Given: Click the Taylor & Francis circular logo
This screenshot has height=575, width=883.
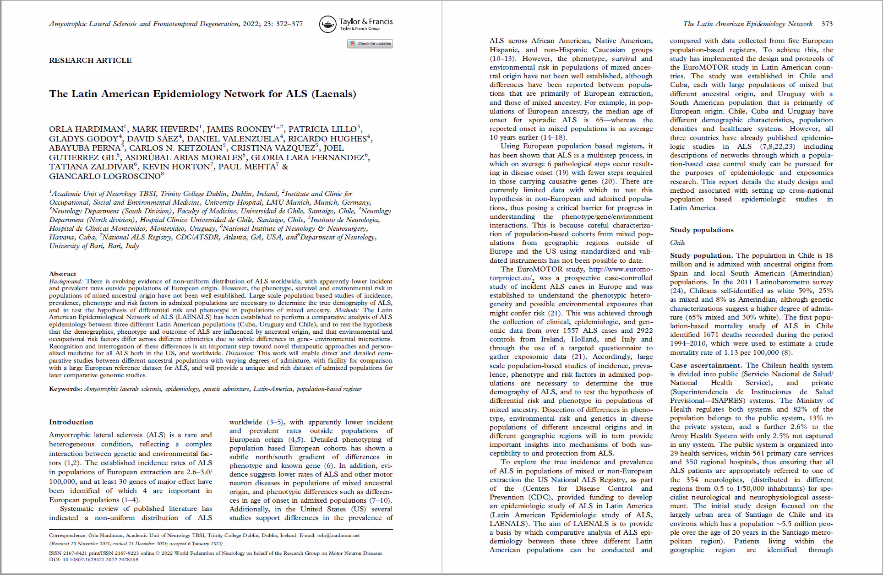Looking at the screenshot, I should click(328, 24).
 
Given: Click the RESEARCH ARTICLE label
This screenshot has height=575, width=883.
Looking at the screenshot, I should click(90, 60).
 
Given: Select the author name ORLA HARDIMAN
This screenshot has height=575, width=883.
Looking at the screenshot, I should click(86, 129).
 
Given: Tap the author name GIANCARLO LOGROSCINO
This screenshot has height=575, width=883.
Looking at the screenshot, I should click(104, 176).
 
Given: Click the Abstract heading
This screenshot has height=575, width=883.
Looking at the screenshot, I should click(62, 274).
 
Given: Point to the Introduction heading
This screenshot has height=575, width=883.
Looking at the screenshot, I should click(71, 422).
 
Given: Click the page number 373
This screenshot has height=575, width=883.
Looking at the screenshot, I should click(827, 24).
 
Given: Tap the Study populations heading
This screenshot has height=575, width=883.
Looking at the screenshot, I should click(702, 230).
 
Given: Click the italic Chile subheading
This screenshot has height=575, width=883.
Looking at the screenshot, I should click(677, 243).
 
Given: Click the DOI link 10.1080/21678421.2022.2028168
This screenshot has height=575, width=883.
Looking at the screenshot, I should click(100, 559).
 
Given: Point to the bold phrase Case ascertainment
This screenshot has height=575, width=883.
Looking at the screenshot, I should click(705, 365).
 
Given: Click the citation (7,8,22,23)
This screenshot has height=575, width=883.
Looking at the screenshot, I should click(778, 146).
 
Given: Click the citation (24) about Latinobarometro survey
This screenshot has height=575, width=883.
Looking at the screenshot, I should click(676, 291).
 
